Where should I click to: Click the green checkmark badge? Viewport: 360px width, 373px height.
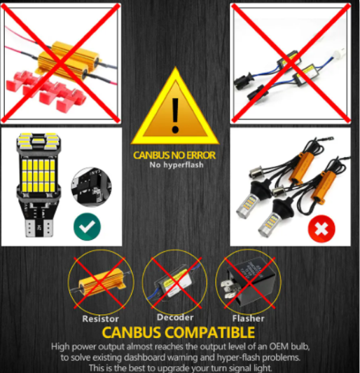coord(88,225)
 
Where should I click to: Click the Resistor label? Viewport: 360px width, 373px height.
coord(101,318)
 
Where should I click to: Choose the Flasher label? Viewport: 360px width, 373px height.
coord(249,318)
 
